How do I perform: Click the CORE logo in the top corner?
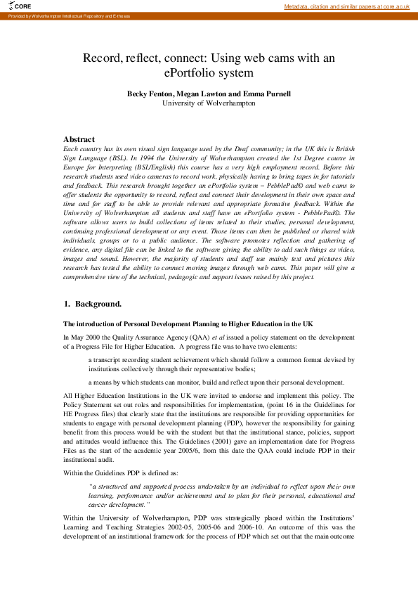[x=22, y=6]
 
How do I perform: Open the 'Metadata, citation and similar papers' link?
[x=346, y=6]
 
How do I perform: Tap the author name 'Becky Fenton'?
[x=149, y=94]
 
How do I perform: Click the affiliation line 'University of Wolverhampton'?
[x=209, y=103]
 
